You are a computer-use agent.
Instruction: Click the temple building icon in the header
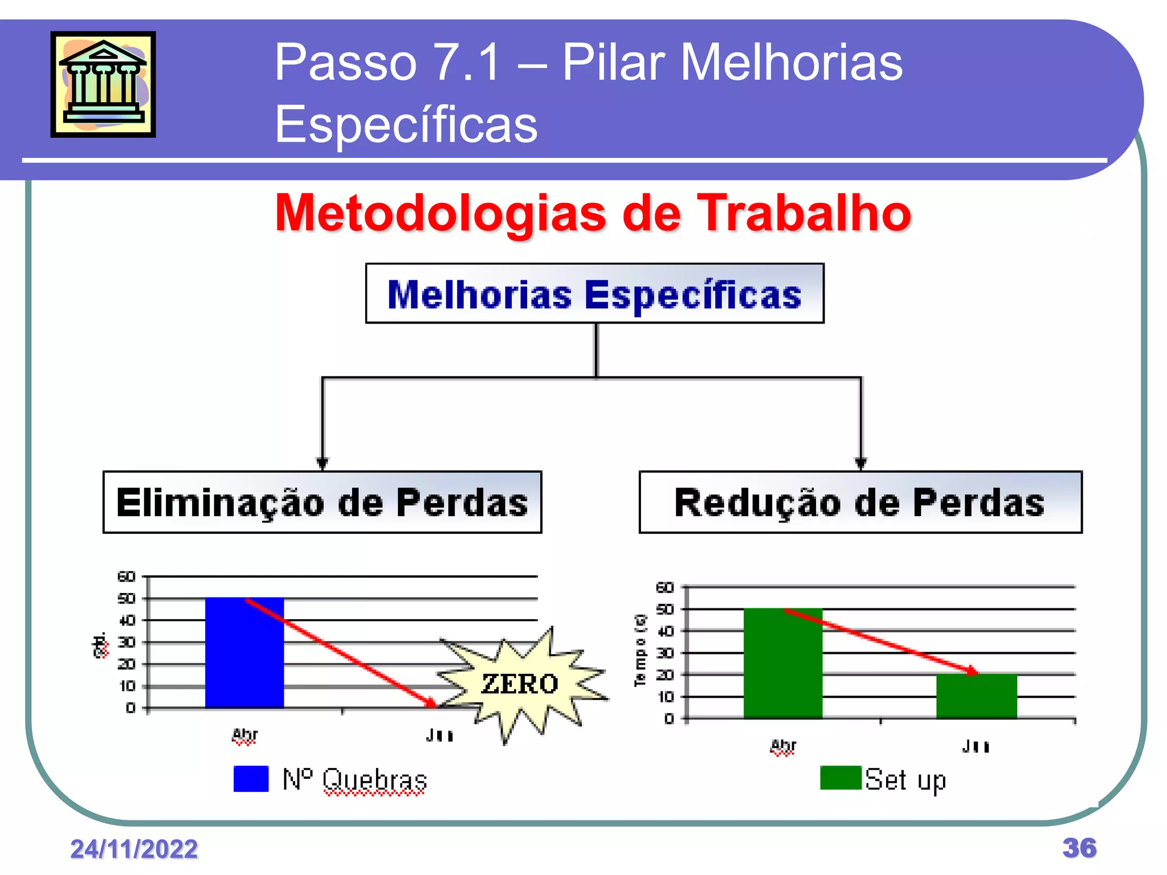[x=103, y=84]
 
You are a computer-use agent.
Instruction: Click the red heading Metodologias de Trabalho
[x=593, y=213]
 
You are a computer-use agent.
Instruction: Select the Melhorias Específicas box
[x=594, y=294]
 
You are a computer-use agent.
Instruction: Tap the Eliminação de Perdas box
[x=322, y=502]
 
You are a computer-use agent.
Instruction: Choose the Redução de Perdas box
[x=860, y=502]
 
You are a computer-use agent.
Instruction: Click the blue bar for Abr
[x=244, y=652]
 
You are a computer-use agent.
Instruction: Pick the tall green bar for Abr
[x=783, y=663]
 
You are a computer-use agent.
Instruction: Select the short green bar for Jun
[x=976, y=696]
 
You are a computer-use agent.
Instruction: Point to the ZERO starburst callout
[x=520, y=684]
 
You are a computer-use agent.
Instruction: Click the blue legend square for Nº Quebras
[x=251, y=779]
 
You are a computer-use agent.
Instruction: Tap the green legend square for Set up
[x=840, y=778]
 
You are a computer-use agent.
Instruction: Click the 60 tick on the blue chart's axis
[x=127, y=576]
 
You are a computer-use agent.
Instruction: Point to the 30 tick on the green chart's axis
[x=665, y=653]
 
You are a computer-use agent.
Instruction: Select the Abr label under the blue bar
[x=244, y=735]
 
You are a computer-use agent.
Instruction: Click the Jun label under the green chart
[x=976, y=746]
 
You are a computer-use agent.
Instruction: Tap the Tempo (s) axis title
[x=640, y=651]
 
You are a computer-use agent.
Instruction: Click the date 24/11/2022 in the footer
[x=134, y=849]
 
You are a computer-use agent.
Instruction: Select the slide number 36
[x=1079, y=848]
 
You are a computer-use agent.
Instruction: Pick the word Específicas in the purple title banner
[x=406, y=124]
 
